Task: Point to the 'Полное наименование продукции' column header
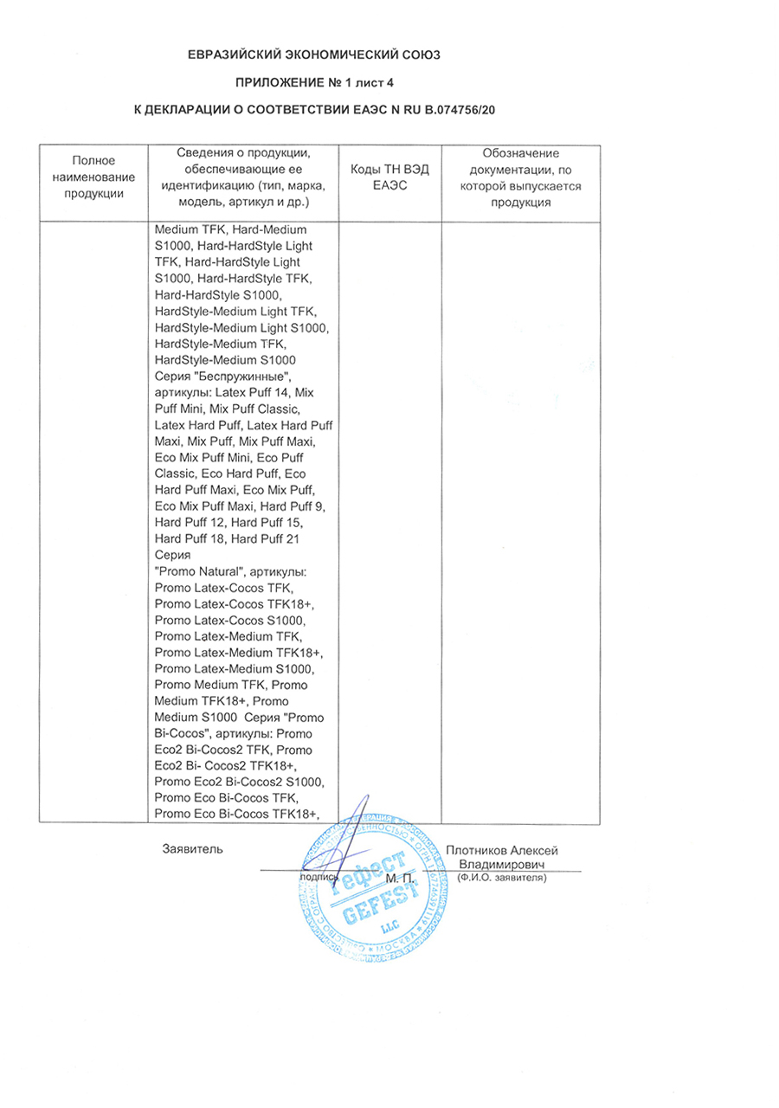click(94, 177)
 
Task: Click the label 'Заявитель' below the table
click(192, 849)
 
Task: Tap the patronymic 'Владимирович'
click(501, 865)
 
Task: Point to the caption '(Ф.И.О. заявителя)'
click(501, 878)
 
